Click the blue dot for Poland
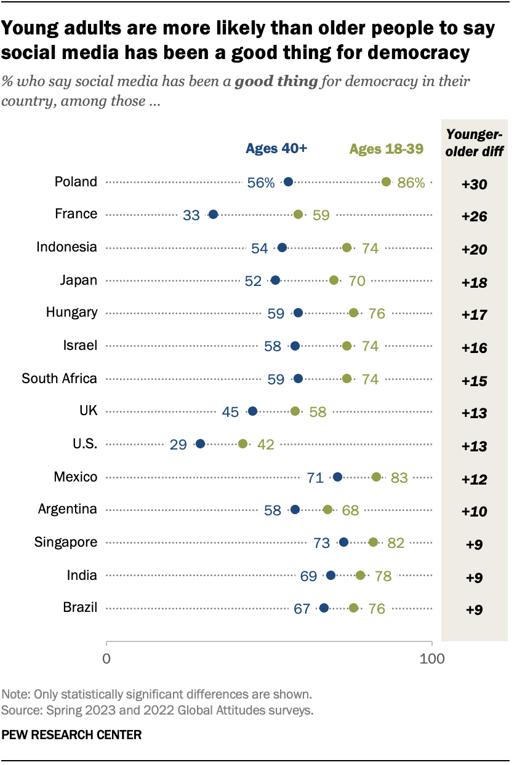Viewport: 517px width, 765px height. pyautogui.click(x=288, y=181)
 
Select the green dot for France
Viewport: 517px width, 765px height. pyautogui.click(x=298, y=214)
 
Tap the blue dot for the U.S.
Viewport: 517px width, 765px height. pyautogui.click(x=200, y=443)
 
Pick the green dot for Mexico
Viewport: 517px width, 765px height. pyautogui.click(x=376, y=477)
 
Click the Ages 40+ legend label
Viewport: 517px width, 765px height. pyautogui.click(x=276, y=148)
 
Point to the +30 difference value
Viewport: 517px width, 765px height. pyautogui.click(x=474, y=184)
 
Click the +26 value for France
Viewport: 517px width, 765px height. pyautogui.click(x=474, y=216)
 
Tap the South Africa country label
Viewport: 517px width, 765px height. pyautogui.click(x=59, y=378)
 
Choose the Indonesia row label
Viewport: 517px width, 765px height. pyautogui.click(x=66, y=247)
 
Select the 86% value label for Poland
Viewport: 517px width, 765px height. pyautogui.click(x=411, y=183)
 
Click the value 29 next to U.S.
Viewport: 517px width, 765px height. pyautogui.click(x=178, y=444)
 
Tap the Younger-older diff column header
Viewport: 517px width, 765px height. pyautogui.click(x=474, y=143)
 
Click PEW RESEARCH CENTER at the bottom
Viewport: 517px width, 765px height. pyautogui.click(x=72, y=734)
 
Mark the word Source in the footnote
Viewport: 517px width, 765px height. pyautogui.click(x=20, y=711)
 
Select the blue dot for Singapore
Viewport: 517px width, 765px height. pyautogui.click(x=343, y=542)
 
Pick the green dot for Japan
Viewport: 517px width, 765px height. pyautogui.click(x=334, y=280)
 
